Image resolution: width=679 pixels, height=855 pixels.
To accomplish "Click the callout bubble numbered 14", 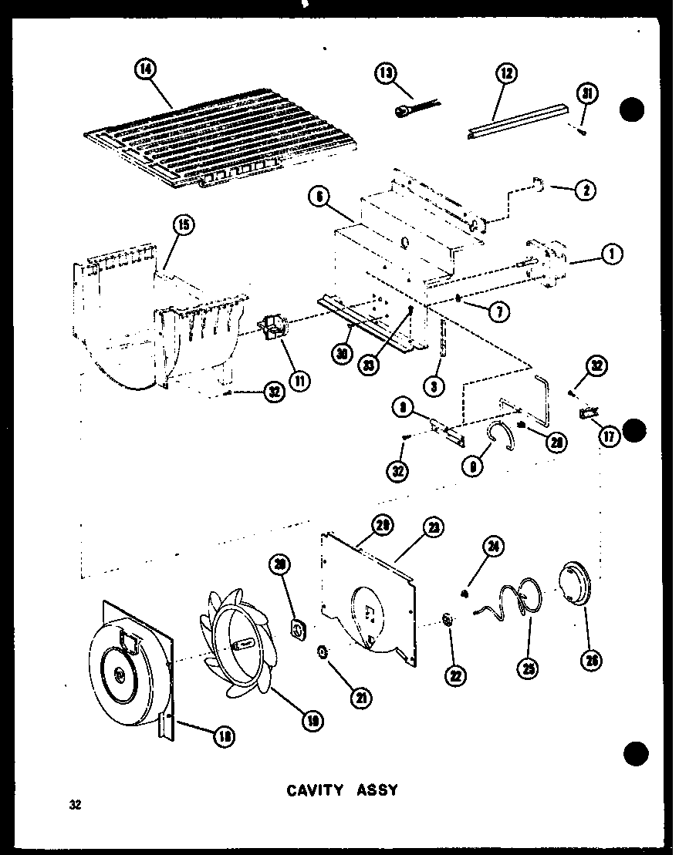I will click(144, 69).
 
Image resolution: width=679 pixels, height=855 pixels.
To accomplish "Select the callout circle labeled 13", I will click(386, 74).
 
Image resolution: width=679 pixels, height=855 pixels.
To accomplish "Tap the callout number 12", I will click(506, 75).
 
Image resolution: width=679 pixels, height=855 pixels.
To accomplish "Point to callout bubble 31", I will click(587, 96).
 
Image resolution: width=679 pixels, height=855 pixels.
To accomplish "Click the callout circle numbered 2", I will click(584, 188).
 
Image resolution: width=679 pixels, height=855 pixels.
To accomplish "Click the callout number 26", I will click(591, 660).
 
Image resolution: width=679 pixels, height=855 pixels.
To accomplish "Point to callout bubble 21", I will click(360, 698).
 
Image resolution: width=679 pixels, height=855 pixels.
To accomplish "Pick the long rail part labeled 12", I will click(517, 116).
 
